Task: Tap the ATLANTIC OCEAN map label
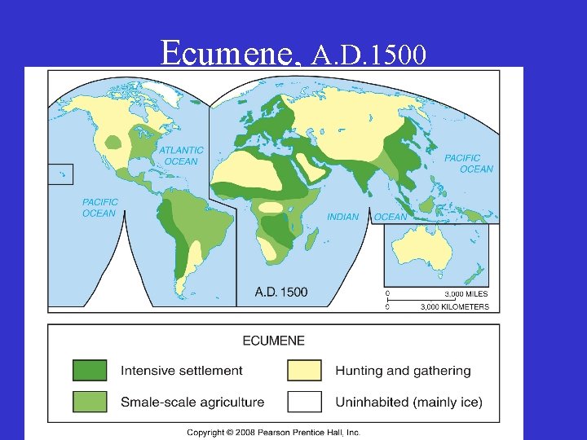point(181,156)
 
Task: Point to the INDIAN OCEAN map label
point(367,217)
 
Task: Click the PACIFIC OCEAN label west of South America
point(99,208)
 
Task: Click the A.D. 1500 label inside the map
point(281,292)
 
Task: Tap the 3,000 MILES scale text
point(466,293)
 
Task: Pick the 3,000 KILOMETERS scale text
point(454,307)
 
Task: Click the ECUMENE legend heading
point(273,341)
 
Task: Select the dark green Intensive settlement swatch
point(90,371)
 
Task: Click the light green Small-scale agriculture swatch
point(90,402)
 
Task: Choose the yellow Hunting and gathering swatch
point(304,371)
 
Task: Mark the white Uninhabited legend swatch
point(304,402)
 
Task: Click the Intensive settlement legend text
point(182,371)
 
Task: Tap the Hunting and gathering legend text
point(403,371)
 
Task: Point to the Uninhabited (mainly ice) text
point(408,402)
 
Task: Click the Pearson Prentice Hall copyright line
point(273,433)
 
